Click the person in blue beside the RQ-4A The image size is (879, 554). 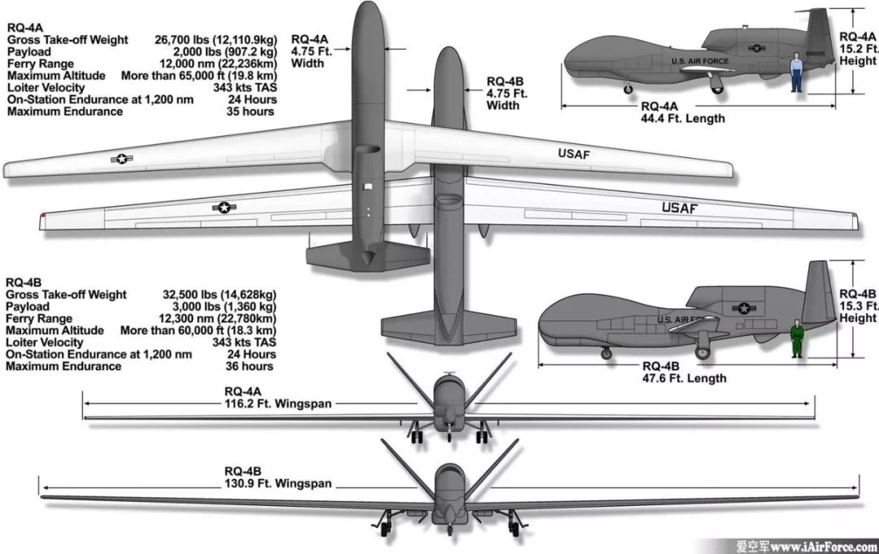[797, 72]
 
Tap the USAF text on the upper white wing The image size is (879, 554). [575, 154]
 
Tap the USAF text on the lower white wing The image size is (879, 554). [680, 207]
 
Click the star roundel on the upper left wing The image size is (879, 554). [121, 159]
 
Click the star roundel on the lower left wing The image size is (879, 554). [223, 207]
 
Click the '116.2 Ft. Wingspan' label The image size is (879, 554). [278, 402]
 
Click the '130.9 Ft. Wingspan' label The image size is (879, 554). [278, 483]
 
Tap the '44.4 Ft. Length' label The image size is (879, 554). [682, 118]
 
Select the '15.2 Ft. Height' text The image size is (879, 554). [858, 49]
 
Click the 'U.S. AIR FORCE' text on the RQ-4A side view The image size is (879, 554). [700, 61]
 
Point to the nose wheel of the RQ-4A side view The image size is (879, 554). [628, 89]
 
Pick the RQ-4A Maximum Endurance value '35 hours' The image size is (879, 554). [251, 111]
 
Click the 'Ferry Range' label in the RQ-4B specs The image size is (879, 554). [40, 319]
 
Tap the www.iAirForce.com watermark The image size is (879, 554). [823, 546]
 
